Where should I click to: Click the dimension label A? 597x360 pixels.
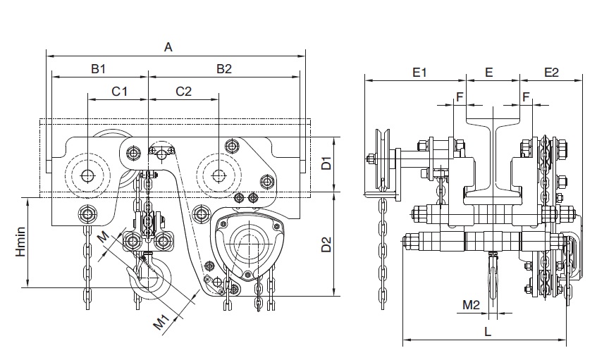(x=168, y=47)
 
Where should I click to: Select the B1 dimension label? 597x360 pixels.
(x=98, y=68)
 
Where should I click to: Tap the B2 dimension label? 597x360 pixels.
(x=224, y=68)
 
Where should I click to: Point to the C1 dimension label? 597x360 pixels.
(x=120, y=91)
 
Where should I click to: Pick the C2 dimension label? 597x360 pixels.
(x=183, y=91)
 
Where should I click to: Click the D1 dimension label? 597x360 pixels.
(x=326, y=164)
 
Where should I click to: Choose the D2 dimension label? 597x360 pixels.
(x=326, y=244)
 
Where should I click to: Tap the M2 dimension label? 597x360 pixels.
(x=471, y=304)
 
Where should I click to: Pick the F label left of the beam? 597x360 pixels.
(x=460, y=97)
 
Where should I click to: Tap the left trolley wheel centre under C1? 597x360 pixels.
(x=87, y=175)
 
